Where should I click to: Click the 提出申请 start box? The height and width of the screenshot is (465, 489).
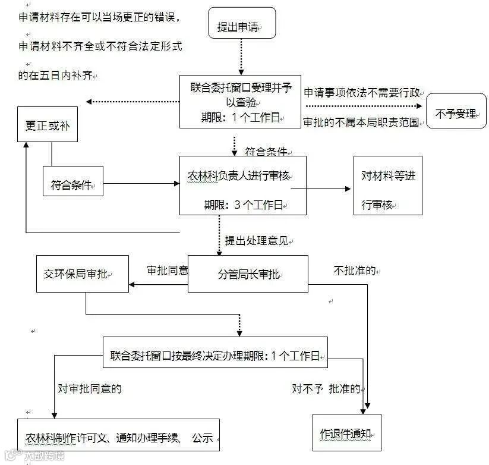click(242, 23)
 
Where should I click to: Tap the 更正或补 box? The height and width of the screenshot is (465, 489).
click(48, 124)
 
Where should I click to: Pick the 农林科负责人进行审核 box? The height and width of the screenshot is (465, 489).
click(243, 185)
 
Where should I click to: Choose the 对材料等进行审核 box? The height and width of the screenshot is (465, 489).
click(387, 186)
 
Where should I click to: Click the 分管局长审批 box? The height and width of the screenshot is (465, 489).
click(248, 274)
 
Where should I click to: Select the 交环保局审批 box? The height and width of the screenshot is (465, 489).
click(82, 274)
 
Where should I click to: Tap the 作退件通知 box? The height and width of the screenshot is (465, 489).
click(346, 432)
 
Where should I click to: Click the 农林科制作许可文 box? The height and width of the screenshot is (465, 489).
click(118, 435)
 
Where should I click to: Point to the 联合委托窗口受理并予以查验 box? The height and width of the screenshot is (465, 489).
click(240, 101)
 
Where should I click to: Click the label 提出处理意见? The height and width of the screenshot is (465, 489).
click(257, 241)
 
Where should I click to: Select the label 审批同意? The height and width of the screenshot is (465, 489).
click(167, 270)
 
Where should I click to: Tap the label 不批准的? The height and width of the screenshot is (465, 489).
click(355, 271)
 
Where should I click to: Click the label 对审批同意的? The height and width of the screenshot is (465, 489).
click(89, 389)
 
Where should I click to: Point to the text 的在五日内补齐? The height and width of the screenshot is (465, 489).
click(57, 76)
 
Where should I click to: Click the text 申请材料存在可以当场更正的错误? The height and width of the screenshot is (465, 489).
click(99, 17)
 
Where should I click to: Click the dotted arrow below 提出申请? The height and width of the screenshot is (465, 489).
click(241, 56)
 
